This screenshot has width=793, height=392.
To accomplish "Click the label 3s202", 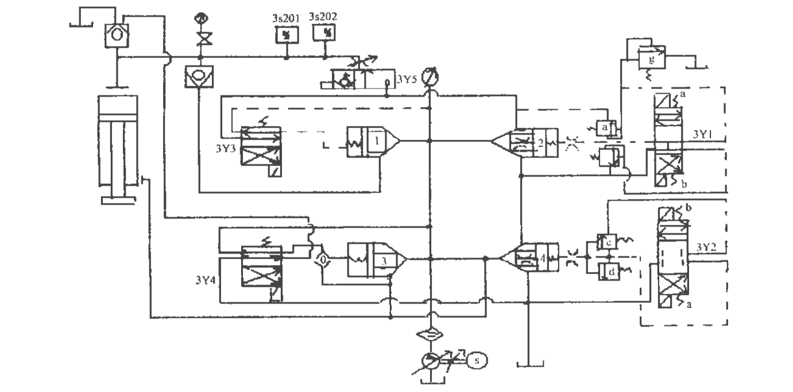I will point(323,17).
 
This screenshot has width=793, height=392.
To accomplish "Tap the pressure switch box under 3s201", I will point(285,34).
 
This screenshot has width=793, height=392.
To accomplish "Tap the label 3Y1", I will point(701,134).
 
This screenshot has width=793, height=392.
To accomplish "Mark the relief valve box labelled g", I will point(652,59).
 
